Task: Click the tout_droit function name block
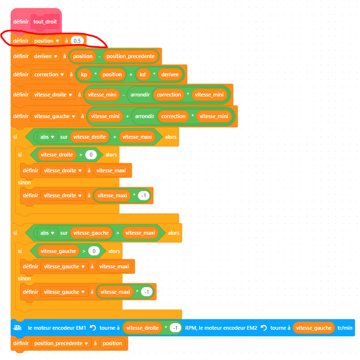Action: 45,22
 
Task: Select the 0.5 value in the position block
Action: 77,41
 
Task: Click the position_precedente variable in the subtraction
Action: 130,56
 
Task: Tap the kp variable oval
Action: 84,74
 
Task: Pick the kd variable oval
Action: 143,74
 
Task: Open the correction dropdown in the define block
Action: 63,75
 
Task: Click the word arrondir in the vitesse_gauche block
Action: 145,116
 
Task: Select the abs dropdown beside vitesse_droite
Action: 52,137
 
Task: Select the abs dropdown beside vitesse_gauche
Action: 52,233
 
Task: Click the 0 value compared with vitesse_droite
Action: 91,155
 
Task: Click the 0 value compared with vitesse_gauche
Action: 95,251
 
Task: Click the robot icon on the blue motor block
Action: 17,328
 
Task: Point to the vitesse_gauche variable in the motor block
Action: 313,328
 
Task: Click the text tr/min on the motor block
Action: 345,328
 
